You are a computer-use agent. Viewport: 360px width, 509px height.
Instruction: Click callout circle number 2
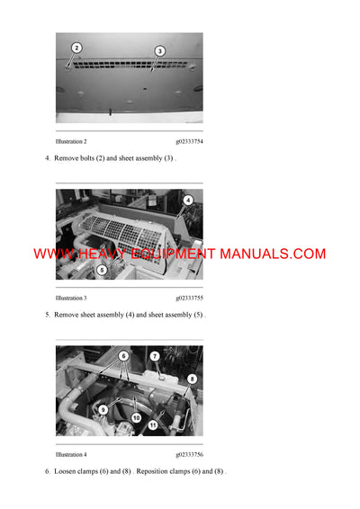point(76,48)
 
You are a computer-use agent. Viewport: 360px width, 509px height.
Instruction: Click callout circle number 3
point(160,51)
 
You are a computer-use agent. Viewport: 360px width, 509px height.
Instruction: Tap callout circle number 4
point(188,200)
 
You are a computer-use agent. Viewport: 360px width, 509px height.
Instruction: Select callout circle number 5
point(102,269)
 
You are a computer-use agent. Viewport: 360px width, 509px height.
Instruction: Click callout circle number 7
point(155,356)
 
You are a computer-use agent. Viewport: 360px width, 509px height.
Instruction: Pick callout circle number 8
point(191,380)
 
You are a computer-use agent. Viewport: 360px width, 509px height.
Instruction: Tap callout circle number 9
point(103,410)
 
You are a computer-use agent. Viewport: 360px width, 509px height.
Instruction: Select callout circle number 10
point(136,418)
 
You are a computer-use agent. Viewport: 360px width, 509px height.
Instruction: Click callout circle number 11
point(153,424)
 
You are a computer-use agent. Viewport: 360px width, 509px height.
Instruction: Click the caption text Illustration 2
point(71,142)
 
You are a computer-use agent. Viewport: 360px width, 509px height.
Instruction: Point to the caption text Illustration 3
point(71,298)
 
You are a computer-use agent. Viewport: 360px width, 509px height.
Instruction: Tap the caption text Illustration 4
point(71,455)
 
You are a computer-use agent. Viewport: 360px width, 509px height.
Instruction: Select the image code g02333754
point(189,142)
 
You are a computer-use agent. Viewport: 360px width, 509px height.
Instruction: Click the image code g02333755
point(189,298)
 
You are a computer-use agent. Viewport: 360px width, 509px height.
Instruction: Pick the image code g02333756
point(189,455)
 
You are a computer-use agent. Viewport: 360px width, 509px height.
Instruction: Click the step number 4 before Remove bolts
point(47,158)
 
